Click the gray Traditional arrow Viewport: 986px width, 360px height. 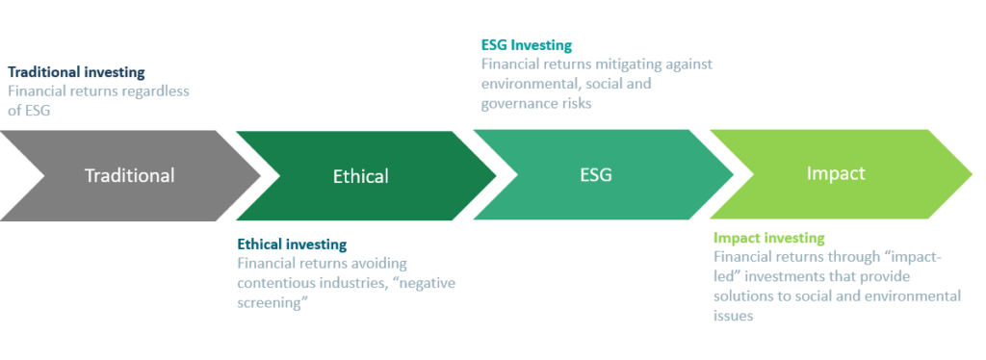[130, 175]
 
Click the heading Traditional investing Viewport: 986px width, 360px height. [76, 72]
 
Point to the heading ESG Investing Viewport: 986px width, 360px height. [527, 45]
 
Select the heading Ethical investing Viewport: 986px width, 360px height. [292, 244]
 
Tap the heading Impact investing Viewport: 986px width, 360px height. [769, 238]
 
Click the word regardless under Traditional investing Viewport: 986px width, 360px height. [156, 91]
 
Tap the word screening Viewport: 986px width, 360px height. [269, 302]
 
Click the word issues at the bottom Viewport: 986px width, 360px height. [733, 316]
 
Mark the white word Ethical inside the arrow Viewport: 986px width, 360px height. [361, 176]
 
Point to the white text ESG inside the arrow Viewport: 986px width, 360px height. [596, 174]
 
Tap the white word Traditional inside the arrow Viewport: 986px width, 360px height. [130, 175]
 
